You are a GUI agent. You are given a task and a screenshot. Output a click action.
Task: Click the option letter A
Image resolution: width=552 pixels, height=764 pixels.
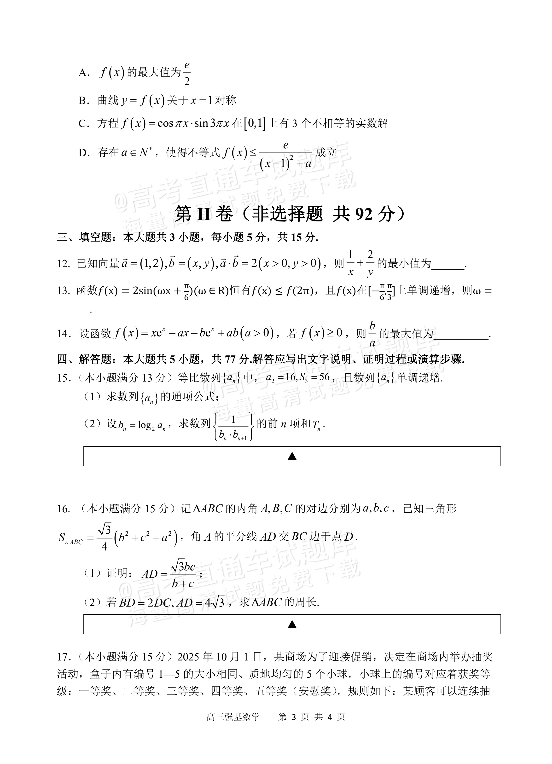pyautogui.click(x=82, y=73)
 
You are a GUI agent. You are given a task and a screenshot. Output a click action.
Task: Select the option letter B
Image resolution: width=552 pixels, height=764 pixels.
pyautogui.click(x=82, y=100)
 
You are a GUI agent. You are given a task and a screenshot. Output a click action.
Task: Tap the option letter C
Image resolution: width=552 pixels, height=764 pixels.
pyautogui.click(x=82, y=124)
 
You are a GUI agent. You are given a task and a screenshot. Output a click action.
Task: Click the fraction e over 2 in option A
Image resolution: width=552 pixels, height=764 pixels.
pyautogui.click(x=187, y=73)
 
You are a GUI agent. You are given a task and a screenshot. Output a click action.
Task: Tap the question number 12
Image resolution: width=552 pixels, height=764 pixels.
pyautogui.click(x=63, y=264)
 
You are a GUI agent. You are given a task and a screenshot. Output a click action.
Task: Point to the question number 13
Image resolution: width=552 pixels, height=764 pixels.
pyautogui.click(x=63, y=291)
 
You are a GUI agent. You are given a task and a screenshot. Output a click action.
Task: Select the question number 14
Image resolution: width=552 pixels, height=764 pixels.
pyautogui.click(x=63, y=334)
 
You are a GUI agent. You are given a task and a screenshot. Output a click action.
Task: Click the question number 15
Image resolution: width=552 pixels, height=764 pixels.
pyautogui.click(x=63, y=378)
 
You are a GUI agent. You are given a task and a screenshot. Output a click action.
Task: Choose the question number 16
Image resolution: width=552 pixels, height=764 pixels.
pyautogui.click(x=63, y=509)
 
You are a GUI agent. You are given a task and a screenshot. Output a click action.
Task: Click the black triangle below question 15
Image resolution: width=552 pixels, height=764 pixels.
pyautogui.click(x=292, y=457)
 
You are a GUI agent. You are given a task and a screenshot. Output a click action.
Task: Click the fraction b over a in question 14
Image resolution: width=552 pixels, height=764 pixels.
pyautogui.click(x=372, y=334)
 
